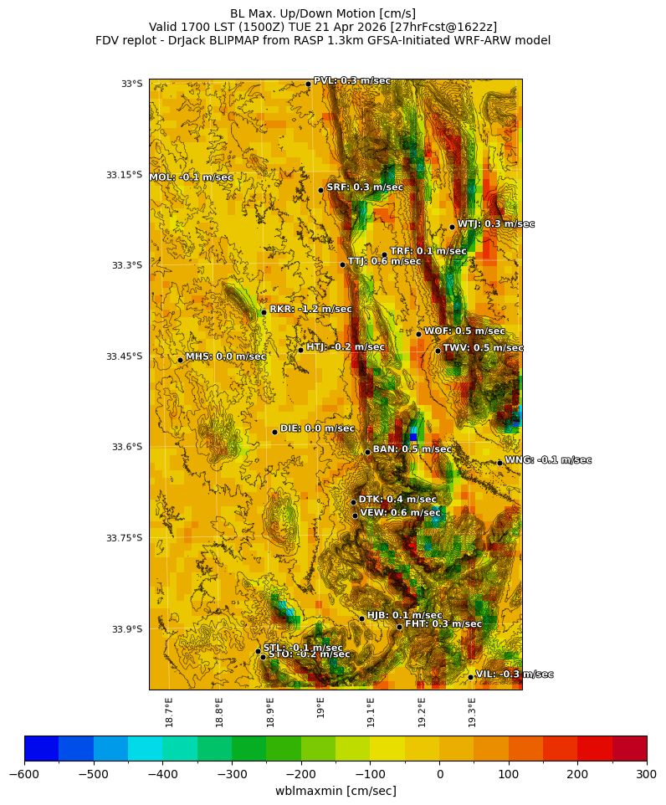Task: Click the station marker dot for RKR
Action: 264,312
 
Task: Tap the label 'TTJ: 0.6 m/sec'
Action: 384,262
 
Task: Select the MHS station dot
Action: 180,360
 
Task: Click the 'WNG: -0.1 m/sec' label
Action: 548,460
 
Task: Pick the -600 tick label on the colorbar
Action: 24,774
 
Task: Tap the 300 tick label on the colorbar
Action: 647,774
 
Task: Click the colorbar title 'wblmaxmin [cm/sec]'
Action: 336,791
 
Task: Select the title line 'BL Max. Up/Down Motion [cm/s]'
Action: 323,13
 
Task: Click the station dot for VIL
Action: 470,677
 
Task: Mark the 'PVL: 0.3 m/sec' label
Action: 351,80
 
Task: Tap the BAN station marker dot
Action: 367,452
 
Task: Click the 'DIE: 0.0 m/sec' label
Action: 317,428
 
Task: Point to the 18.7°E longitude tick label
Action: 169,711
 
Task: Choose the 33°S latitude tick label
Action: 131,84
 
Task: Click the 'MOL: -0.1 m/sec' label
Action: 191,177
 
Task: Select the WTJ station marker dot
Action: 452,227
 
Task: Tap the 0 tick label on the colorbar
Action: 439,774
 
